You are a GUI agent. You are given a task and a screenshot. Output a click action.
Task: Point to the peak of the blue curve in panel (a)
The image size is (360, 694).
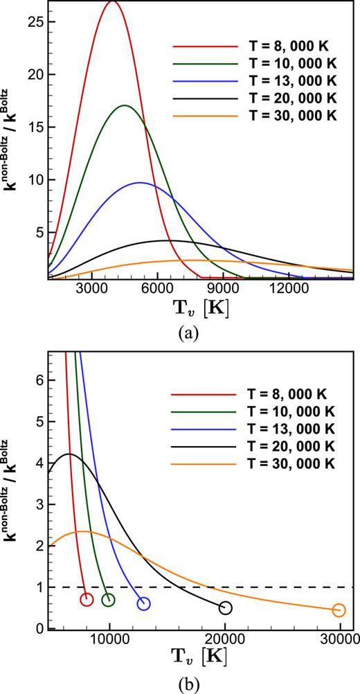[140, 183]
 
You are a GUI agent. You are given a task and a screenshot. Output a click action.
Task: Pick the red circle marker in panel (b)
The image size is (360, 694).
[87, 599]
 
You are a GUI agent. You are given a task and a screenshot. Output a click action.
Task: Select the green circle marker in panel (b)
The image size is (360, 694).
[109, 600]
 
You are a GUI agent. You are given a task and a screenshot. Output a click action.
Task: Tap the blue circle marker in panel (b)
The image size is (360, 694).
[143, 603]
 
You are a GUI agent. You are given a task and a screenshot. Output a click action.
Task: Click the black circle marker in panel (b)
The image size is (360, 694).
[225, 607]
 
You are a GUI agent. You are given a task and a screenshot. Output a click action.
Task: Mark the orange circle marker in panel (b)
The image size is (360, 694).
[339, 610]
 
